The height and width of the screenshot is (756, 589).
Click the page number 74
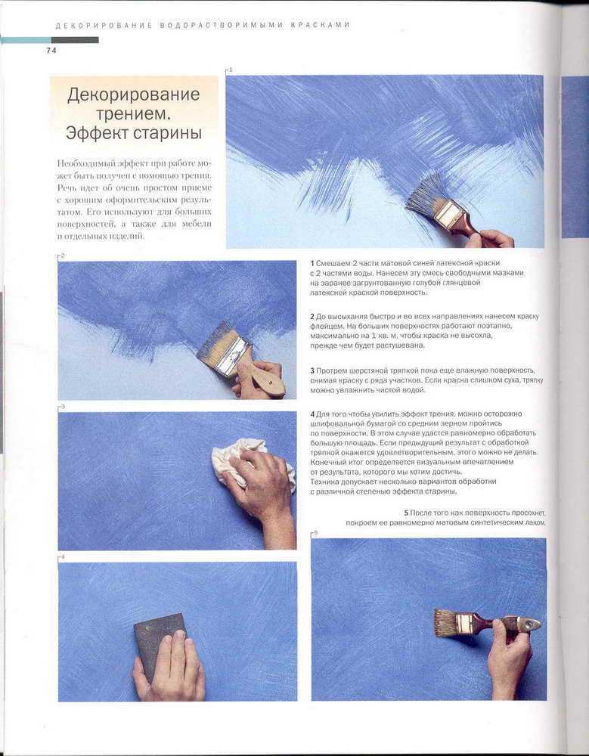point(51,50)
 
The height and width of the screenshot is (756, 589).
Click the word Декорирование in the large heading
point(134,94)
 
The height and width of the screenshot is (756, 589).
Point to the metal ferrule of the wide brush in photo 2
point(232,356)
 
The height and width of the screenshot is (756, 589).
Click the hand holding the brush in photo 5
point(510,661)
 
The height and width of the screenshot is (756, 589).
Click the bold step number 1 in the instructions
point(312,263)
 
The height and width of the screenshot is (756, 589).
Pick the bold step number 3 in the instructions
point(312,370)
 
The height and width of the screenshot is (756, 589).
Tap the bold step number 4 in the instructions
point(312,414)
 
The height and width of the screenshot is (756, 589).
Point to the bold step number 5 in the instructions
point(406,513)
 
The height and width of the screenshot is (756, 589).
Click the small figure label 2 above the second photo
point(63,256)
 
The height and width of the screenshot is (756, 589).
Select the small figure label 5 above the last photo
point(316,533)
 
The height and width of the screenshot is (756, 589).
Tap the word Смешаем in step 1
point(330,263)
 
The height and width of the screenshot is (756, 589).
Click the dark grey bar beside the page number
point(75,40)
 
